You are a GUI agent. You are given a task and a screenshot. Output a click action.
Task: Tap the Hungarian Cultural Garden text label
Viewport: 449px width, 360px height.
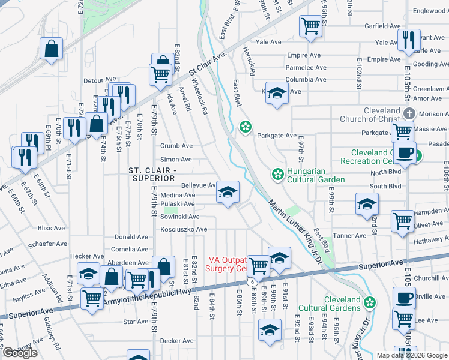316,175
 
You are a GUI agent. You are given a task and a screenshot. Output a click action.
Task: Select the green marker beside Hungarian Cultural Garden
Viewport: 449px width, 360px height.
277,175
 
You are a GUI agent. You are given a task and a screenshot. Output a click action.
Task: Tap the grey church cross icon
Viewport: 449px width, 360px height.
409,113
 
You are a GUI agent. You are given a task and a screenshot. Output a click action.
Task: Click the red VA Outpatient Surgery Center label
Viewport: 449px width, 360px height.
228,265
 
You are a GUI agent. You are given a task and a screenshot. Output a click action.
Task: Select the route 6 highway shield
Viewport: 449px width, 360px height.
254,281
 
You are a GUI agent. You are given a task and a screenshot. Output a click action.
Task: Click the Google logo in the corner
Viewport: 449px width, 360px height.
20,353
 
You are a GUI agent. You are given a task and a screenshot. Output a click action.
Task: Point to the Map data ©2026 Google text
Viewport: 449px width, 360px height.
412,355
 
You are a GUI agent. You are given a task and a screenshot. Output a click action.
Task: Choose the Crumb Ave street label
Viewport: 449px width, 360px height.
176,146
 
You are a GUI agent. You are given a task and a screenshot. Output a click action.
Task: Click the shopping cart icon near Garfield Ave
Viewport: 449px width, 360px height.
310,25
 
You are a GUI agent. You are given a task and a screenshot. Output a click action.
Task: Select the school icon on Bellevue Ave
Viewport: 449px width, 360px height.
227,193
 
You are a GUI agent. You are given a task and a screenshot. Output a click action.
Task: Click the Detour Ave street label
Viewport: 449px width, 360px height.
100,79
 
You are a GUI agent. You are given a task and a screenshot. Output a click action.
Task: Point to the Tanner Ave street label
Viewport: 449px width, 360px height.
349,236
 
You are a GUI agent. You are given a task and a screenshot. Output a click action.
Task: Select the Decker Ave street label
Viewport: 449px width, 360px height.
176,341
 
